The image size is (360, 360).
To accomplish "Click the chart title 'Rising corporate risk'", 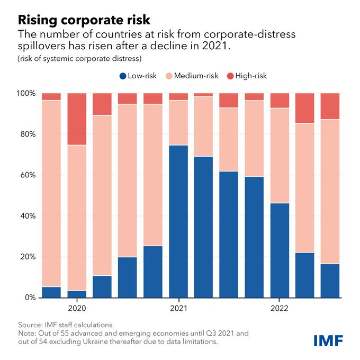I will [x=84, y=20].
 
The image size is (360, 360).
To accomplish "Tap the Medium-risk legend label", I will [x=197, y=76].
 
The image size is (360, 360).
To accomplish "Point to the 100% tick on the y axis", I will [x=25, y=94].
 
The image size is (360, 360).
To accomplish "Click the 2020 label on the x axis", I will [x=77, y=308].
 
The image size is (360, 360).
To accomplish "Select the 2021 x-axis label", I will [x=178, y=308].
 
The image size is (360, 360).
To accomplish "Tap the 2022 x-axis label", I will [x=279, y=308].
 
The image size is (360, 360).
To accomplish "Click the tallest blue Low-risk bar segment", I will [x=178, y=221].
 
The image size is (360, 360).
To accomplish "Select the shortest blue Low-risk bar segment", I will [x=77, y=294].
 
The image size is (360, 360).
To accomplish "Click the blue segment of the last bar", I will [x=330, y=281].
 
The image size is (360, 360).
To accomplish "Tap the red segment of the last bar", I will [x=330, y=106].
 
